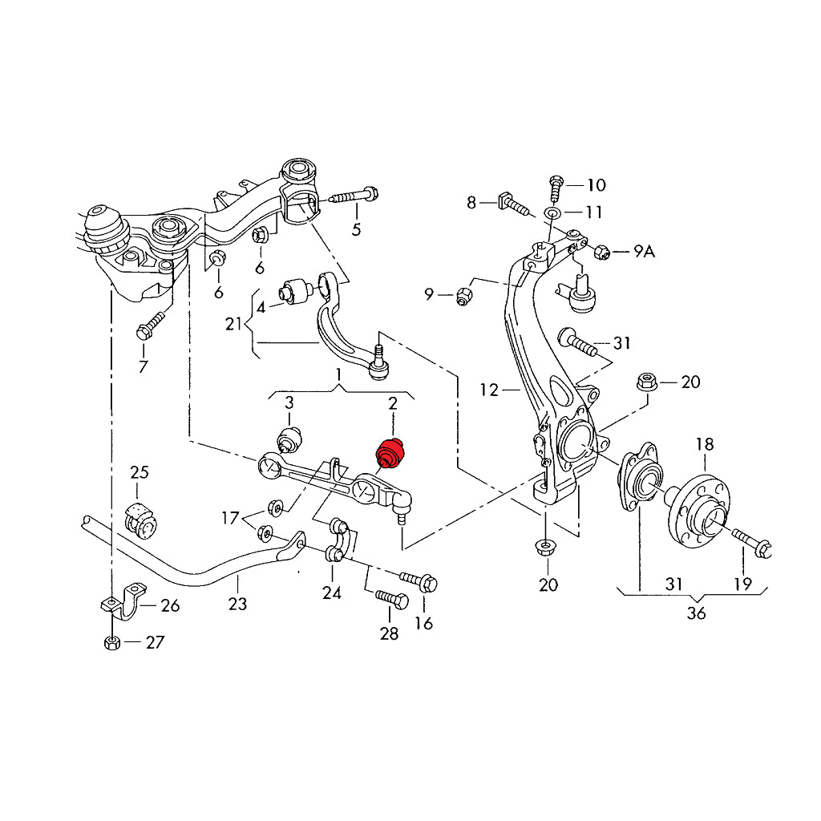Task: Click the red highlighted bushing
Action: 393,453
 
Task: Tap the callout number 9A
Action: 644,252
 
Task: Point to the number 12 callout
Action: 490,390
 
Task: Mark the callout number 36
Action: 696,613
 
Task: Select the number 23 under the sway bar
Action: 237,604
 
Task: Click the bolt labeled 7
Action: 150,325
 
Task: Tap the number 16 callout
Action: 423,622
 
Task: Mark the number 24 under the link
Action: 332,592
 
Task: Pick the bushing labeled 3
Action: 289,439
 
